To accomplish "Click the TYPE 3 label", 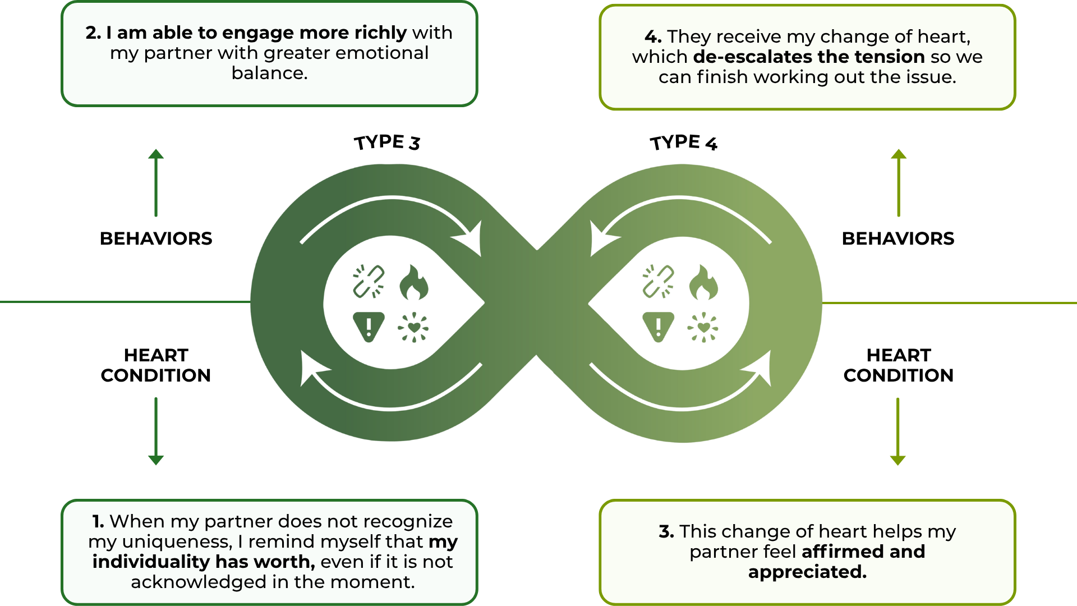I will click(387, 143).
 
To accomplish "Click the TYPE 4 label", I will click(683, 143).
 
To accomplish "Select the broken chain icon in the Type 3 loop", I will click(369, 281).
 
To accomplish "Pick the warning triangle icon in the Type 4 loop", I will click(658, 326).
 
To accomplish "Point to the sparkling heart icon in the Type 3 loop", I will click(413, 327).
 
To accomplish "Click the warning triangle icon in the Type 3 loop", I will click(369, 326).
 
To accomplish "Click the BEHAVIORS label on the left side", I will click(156, 238).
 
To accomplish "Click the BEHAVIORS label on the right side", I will click(898, 238).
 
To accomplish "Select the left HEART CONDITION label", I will click(156, 365).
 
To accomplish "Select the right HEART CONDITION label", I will click(898, 365).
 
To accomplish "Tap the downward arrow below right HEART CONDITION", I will click(898, 432).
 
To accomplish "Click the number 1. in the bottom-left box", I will click(99, 521).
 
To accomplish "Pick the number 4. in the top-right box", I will click(653, 36).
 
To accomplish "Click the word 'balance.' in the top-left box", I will click(269, 74).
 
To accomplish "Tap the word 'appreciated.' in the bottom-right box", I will click(807, 572).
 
